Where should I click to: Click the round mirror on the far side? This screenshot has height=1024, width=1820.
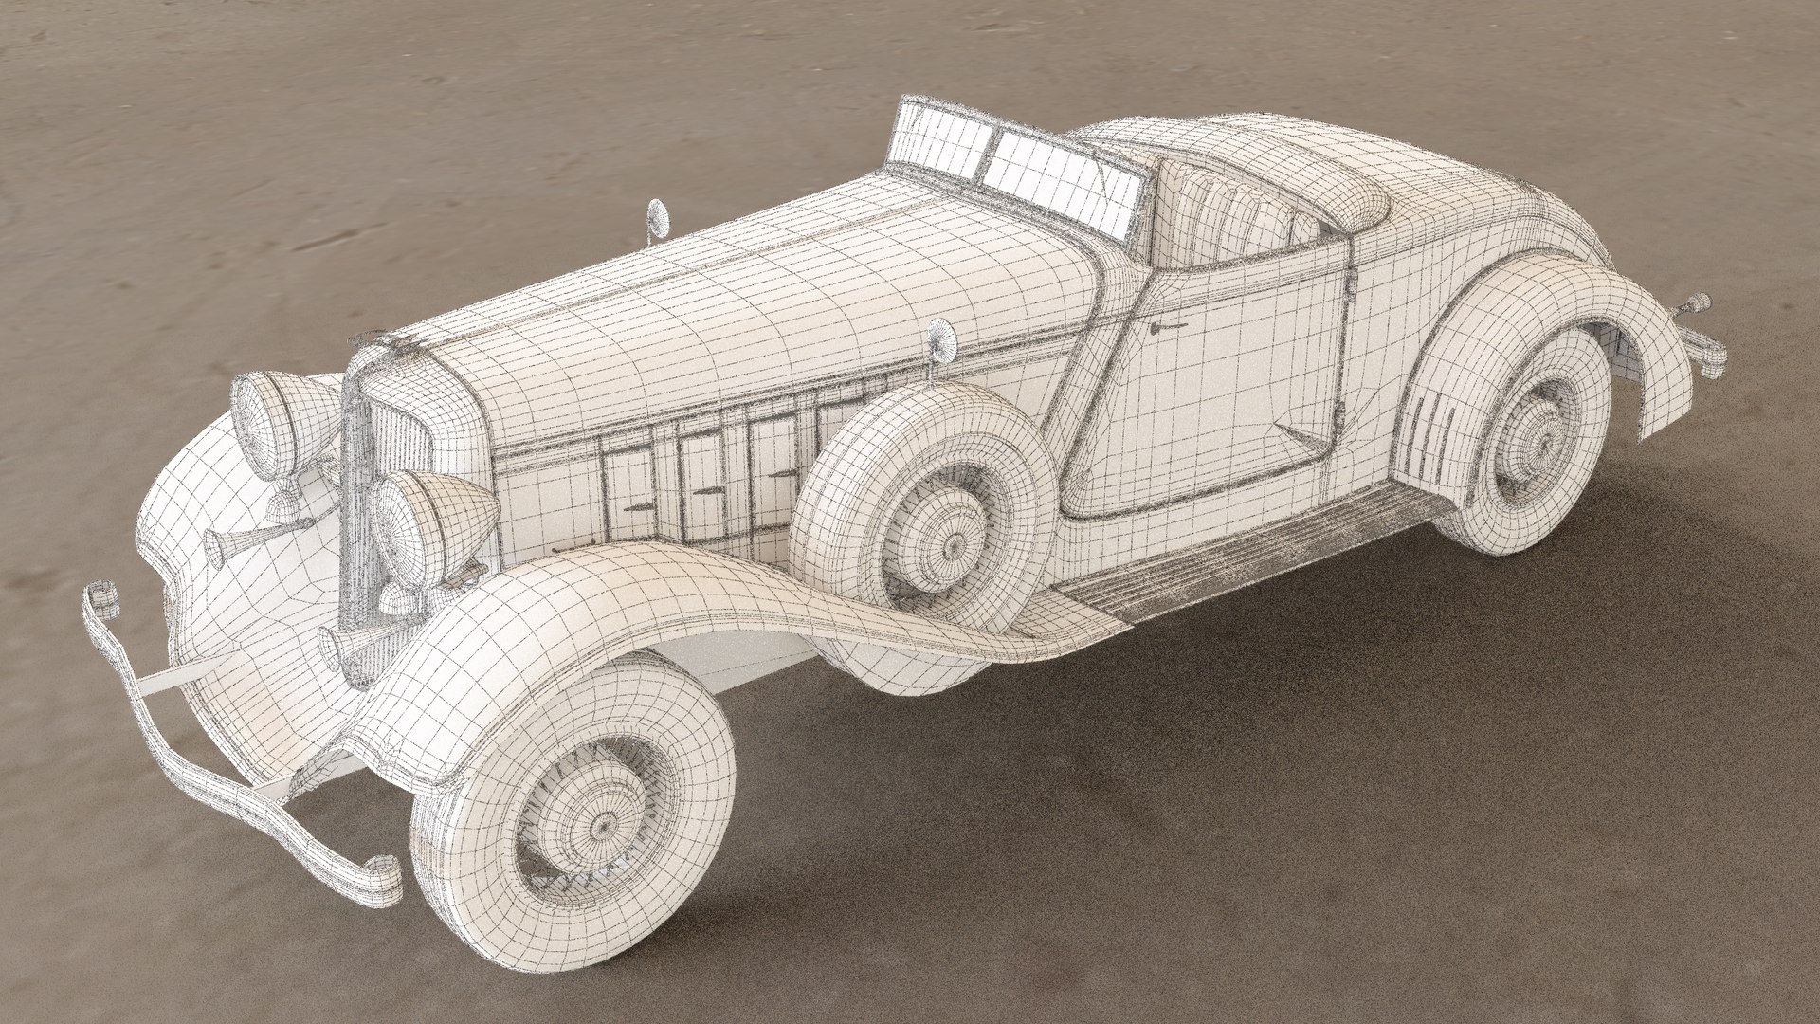656,217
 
